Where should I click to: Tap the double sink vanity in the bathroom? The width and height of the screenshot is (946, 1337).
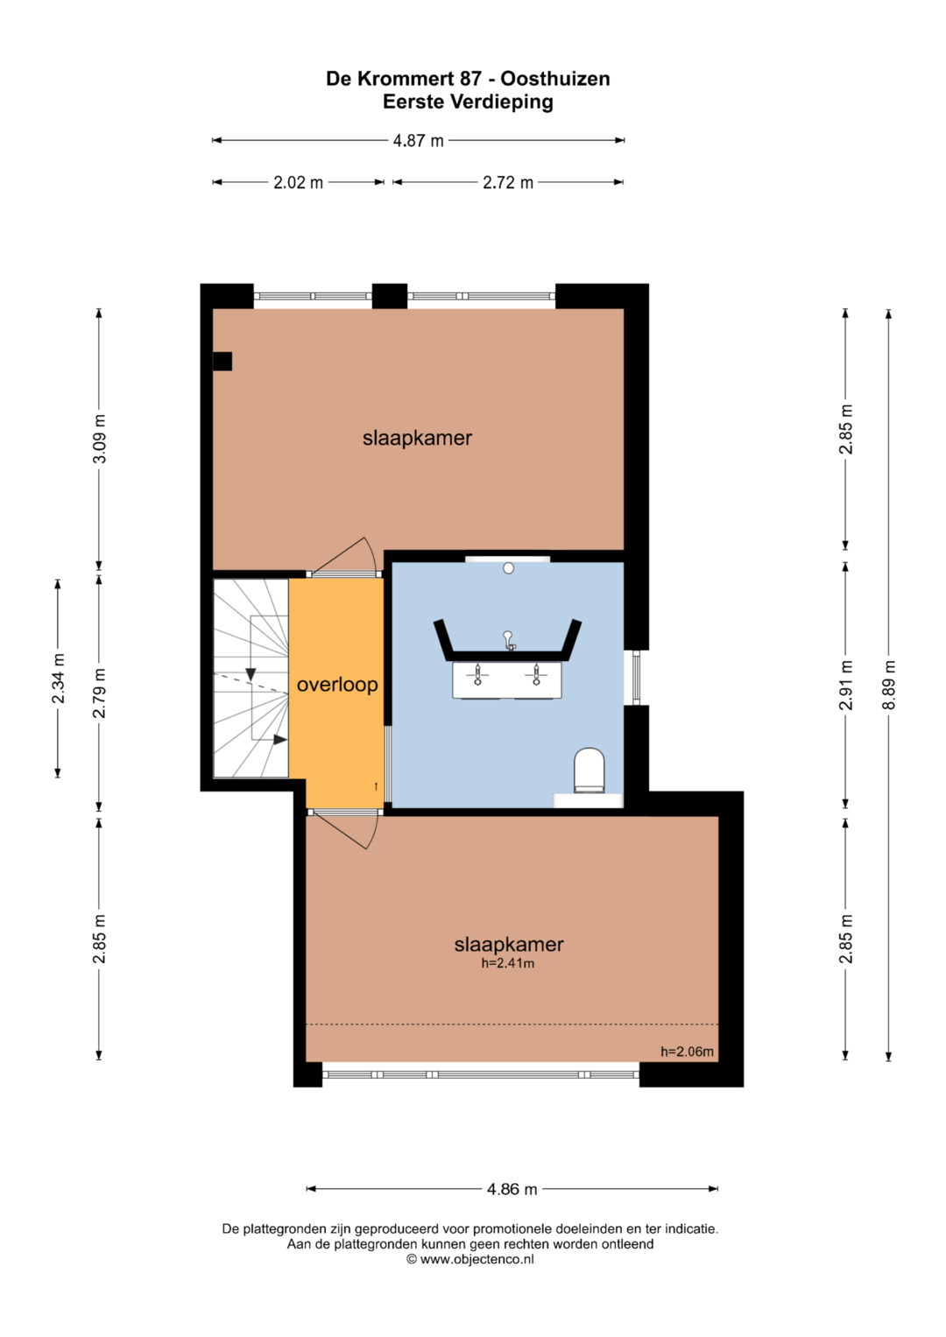(x=507, y=679)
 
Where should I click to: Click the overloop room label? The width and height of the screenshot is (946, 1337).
(x=337, y=685)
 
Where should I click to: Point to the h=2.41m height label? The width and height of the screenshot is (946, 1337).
(x=508, y=963)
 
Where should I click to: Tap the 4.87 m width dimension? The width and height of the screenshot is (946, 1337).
(x=418, y=141)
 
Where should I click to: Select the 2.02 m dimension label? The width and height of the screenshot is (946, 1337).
(x=298, y=183)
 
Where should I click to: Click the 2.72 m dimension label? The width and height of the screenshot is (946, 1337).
(x=508, y=183)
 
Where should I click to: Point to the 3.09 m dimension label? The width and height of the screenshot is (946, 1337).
(x=100, y=438)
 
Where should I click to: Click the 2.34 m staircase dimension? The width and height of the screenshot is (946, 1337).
(x=59, y=679)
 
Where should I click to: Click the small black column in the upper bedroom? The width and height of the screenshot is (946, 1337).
(x=222, y=361)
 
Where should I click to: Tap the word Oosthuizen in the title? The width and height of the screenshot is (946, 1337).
(x=555, y=79)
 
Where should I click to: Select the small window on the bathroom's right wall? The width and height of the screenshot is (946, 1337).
(x=637, y=678)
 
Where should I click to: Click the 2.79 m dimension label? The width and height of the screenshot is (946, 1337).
(x=100, y=693)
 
